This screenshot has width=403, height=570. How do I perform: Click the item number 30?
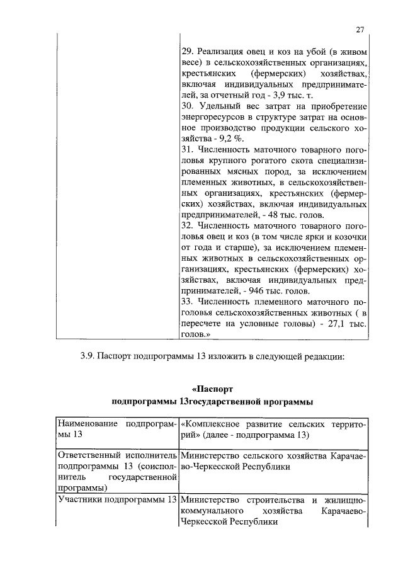(x=186, y=107)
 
